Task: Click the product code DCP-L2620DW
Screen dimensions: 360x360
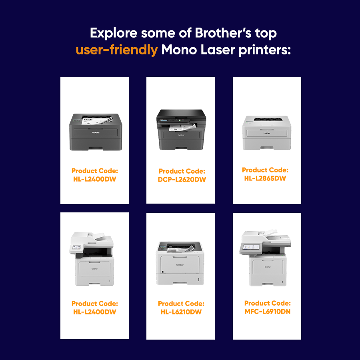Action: (182, 180)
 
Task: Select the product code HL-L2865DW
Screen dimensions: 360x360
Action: (265, 178)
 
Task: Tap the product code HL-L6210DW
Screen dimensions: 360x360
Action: (181, 312)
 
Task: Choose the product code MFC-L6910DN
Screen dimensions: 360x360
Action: (267, 312)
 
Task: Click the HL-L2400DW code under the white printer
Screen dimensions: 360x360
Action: (94, 312)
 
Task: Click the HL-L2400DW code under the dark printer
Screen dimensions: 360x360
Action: (94, 179)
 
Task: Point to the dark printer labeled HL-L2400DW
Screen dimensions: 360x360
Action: (96, 132)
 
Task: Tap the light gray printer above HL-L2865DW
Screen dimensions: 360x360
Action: (267, 132)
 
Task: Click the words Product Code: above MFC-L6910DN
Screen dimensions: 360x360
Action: (267, 303)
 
